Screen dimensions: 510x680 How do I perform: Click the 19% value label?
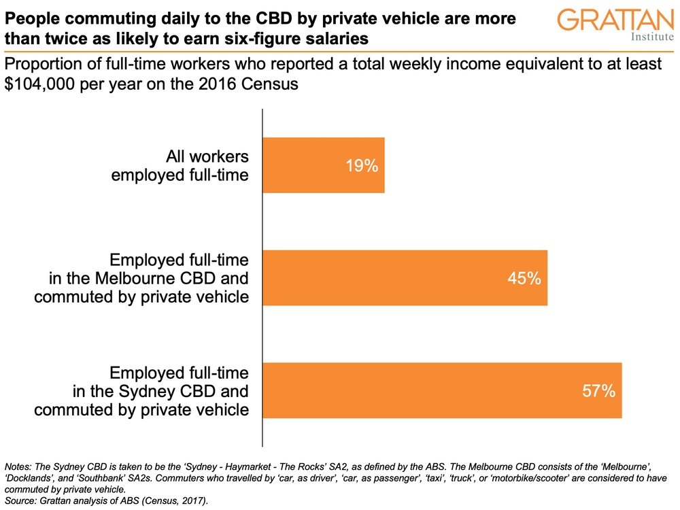362,166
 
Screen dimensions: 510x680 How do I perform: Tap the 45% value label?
524,278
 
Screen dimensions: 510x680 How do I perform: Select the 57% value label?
599,390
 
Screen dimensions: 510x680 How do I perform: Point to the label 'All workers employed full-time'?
180,166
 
